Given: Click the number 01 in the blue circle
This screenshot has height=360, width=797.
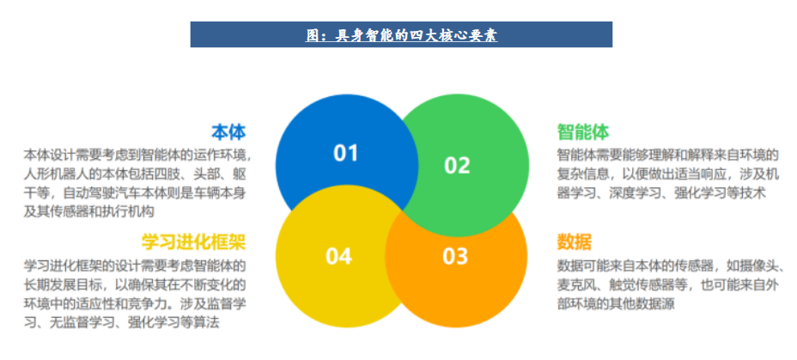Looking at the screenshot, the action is (x=345, y=153).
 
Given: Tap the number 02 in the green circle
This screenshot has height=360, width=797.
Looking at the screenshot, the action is (x=457, y=165).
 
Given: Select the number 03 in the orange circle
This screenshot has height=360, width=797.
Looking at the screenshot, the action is (x=455, y=257).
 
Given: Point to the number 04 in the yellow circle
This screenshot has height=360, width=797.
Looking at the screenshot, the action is (x=338, y=256).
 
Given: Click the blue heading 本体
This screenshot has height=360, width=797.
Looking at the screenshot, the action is (x=228, y=131).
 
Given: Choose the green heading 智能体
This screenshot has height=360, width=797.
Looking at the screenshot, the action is (x=583, y=131).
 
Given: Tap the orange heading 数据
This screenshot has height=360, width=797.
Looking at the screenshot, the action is (x=575, y=242).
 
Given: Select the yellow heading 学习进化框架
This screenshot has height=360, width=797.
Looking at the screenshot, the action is (x=193, y=242).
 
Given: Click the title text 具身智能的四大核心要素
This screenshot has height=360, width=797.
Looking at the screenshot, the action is (x=417, y=35).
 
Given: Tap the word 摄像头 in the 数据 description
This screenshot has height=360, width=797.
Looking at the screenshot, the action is (x=761, y=266).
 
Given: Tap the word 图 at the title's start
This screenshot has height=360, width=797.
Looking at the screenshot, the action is (x=312, y=35).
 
